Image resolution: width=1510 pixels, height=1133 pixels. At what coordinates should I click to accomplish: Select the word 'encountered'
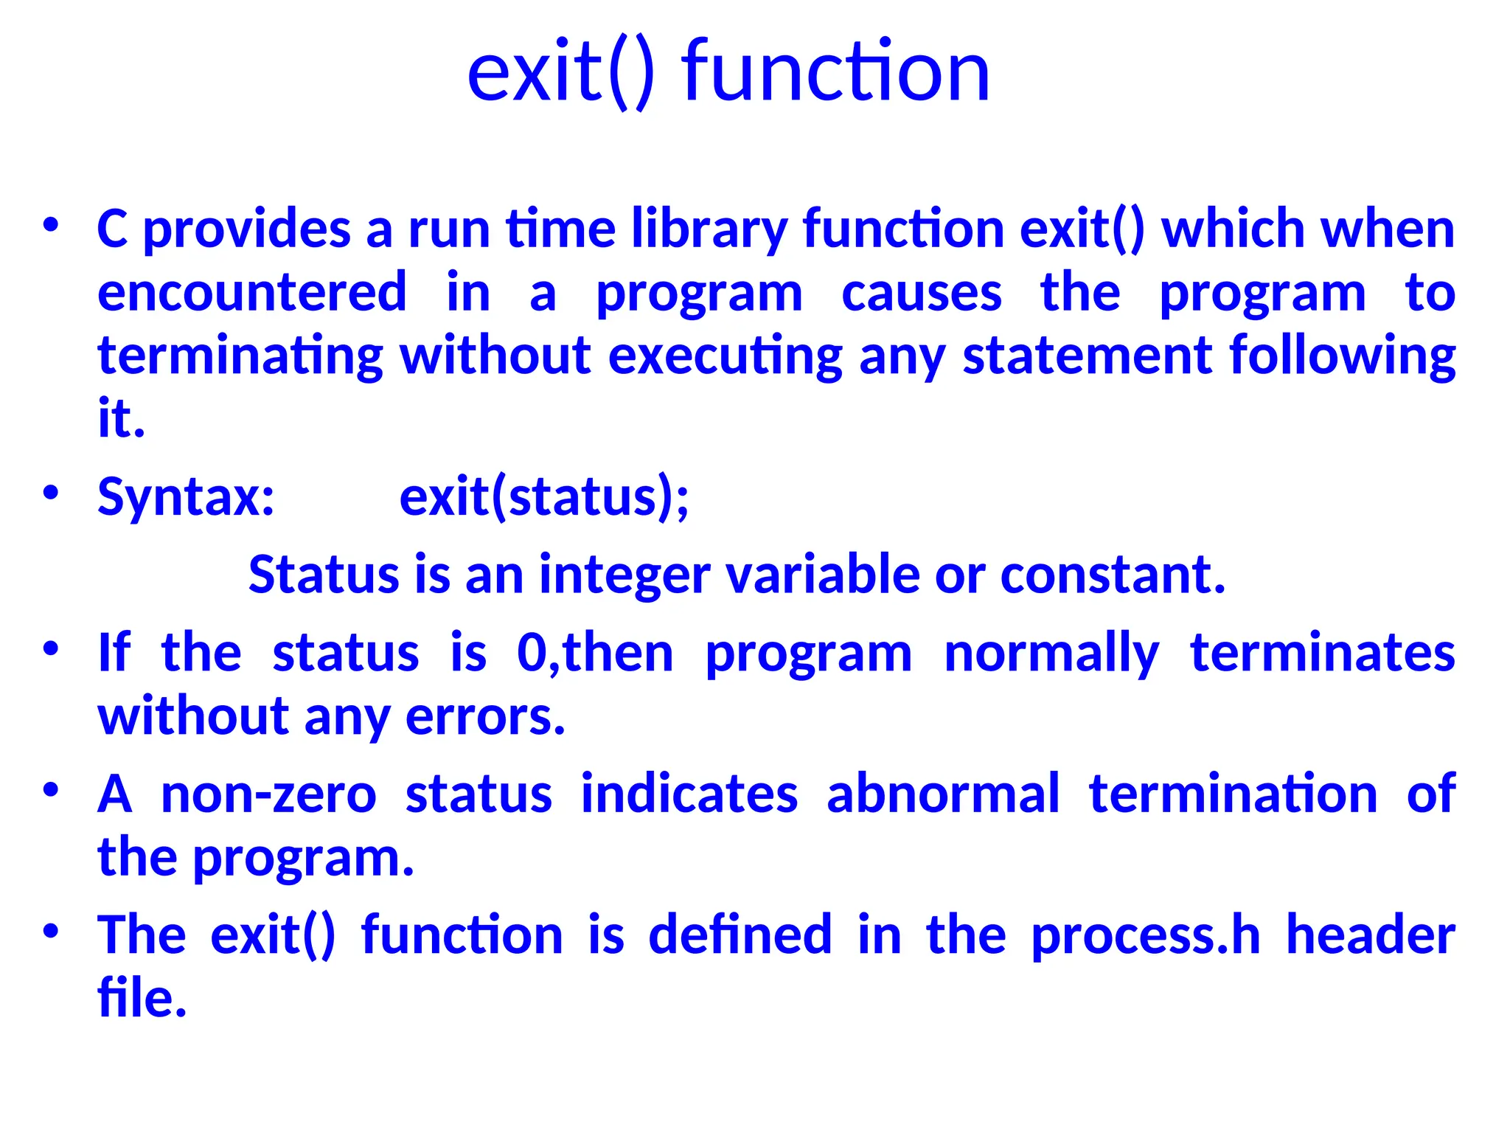(252, 292)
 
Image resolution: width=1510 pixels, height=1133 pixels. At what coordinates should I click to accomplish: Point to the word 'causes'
(922, 294)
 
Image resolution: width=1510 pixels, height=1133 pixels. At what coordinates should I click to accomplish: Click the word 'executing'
(726, 356)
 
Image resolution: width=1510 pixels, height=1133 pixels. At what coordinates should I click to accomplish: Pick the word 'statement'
(1088, 356)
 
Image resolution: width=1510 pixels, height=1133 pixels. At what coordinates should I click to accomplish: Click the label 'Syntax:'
(187, 496)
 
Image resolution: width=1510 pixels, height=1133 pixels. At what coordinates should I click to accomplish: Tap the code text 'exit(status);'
(544, 497)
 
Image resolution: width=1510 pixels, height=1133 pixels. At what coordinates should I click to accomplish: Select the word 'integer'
(624, 575)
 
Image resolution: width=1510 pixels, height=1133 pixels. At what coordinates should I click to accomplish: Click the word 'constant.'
(1113, 575)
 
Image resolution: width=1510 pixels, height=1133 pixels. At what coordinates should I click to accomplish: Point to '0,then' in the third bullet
(595, 654)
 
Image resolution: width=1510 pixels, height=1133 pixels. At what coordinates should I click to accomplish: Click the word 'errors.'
(485, 717)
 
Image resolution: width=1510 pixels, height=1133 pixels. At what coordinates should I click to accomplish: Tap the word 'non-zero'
(268, 795)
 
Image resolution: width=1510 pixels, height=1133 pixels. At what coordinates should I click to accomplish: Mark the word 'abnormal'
(943, 794)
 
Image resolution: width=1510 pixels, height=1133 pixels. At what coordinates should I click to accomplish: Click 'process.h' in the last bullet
(1145, 936)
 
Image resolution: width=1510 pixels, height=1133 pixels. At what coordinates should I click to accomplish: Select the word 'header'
(1371, 935)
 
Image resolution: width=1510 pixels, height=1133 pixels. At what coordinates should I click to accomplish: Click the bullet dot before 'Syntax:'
(50, 493)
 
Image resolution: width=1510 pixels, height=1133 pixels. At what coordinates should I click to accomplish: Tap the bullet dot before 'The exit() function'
(50, 931)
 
